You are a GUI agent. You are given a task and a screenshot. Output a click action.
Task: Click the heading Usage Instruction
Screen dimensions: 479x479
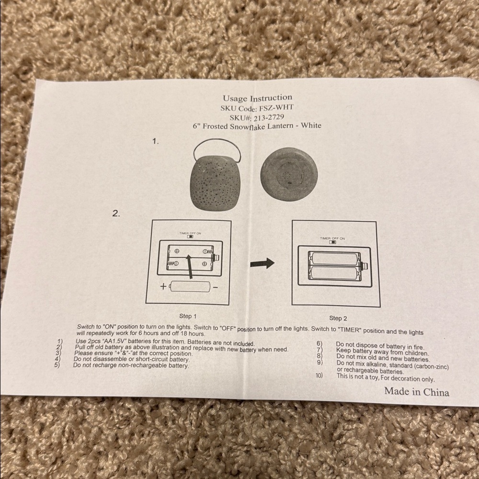(257, 98)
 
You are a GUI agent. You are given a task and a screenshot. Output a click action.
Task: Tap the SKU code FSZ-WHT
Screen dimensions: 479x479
(276, 108)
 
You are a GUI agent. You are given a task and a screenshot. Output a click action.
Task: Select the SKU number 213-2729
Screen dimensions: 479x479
(269, 117)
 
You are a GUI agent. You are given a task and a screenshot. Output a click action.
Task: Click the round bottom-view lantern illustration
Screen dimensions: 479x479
(289, 174)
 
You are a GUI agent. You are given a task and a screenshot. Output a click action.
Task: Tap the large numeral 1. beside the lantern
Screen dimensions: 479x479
(156, 141)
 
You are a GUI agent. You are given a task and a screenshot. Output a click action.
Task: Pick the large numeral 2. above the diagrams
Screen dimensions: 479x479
(116, 213)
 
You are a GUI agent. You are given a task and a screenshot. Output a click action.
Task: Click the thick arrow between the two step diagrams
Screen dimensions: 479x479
(262, 263)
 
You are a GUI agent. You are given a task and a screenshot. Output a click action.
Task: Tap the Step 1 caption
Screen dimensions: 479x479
(188, 316)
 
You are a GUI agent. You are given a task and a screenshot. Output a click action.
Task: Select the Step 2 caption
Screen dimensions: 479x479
(338, 318)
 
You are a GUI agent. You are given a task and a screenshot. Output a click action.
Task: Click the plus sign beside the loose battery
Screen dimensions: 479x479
(163, 286)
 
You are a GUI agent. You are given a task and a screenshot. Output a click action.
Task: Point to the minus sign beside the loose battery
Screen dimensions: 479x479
(216, 287)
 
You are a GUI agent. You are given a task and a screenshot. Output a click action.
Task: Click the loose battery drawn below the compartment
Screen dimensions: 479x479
(190, 286)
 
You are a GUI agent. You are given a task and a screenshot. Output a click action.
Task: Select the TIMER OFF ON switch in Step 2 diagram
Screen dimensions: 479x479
(333, 242)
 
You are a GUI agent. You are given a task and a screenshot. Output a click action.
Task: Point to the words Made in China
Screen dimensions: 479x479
(417, 391)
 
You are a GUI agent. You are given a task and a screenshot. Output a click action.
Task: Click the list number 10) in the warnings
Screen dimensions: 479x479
(319, 375)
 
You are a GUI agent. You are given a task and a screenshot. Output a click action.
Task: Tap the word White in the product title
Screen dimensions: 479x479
(311, 125)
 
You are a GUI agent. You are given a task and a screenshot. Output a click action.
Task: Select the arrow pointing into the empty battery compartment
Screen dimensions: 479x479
(190, 266)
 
